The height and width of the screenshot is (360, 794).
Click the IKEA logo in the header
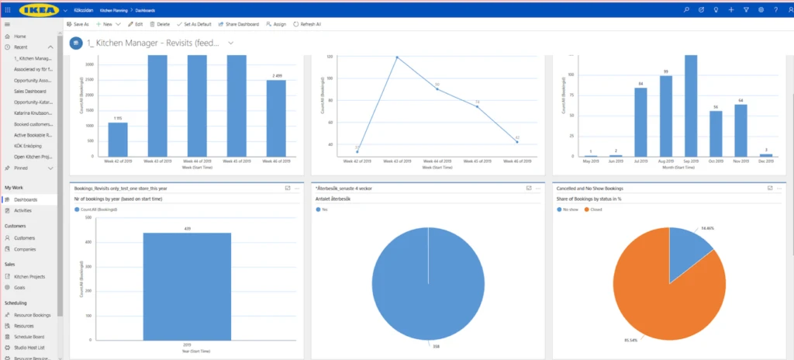[37, 9]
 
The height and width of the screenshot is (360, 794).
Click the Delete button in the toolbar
[160, 24]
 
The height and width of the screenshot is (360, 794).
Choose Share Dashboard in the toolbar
[240, 24]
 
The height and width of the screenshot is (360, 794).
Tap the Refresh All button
[307, 24]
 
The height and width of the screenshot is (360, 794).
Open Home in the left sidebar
[19, 36]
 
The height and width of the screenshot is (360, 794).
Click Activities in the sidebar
[24, 210]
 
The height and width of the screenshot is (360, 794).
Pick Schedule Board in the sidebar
[29, 337]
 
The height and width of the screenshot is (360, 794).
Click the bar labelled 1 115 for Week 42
[118, 139]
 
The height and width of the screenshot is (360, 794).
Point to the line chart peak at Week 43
[396, 57]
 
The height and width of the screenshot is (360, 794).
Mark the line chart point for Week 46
[516, 141]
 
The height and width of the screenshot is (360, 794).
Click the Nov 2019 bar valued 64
[740, 130]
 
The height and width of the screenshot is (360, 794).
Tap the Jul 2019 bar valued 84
[640, 122]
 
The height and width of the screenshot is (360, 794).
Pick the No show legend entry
[571, 209]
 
